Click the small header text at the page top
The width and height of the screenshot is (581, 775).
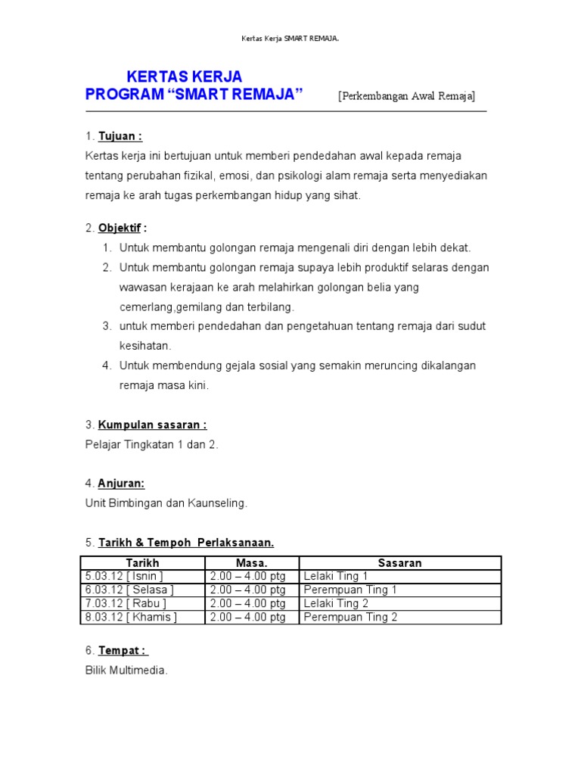pyautogui.click(x=290, y=38)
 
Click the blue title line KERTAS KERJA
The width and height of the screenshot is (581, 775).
pyautogui.click(x=185, y=76)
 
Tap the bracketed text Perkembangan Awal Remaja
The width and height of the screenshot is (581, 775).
pyautogui.click(x=407, y=96)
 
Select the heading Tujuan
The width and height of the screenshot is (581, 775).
pyautogui.click(x=120, y=136)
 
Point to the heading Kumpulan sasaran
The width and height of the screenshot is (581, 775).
pyautogui.click(x=152, y=425)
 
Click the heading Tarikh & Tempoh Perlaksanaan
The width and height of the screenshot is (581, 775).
pyautogui.click(x=185, y=543)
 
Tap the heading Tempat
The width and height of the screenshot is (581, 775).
pyautogui.click(x=123, y=650)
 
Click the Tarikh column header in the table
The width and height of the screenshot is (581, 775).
pyautogui.click(x=142, y=563)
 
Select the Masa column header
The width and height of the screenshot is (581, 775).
pyautogui.click(x=252, y=563)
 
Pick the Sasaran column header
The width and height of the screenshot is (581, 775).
pyautogui.click(x=399, y=563)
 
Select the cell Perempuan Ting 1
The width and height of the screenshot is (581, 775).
pyautogui.click(x=350, y=590)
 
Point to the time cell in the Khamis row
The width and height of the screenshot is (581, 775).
pyautogui.click(x=248, y=617)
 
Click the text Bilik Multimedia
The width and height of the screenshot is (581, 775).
pyautogui.click(x=126, y=670)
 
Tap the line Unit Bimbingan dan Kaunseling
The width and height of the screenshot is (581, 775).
pyautogui.click(x=166, y=503)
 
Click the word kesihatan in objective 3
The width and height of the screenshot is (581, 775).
pyautogui.click(x=145, y=346)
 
